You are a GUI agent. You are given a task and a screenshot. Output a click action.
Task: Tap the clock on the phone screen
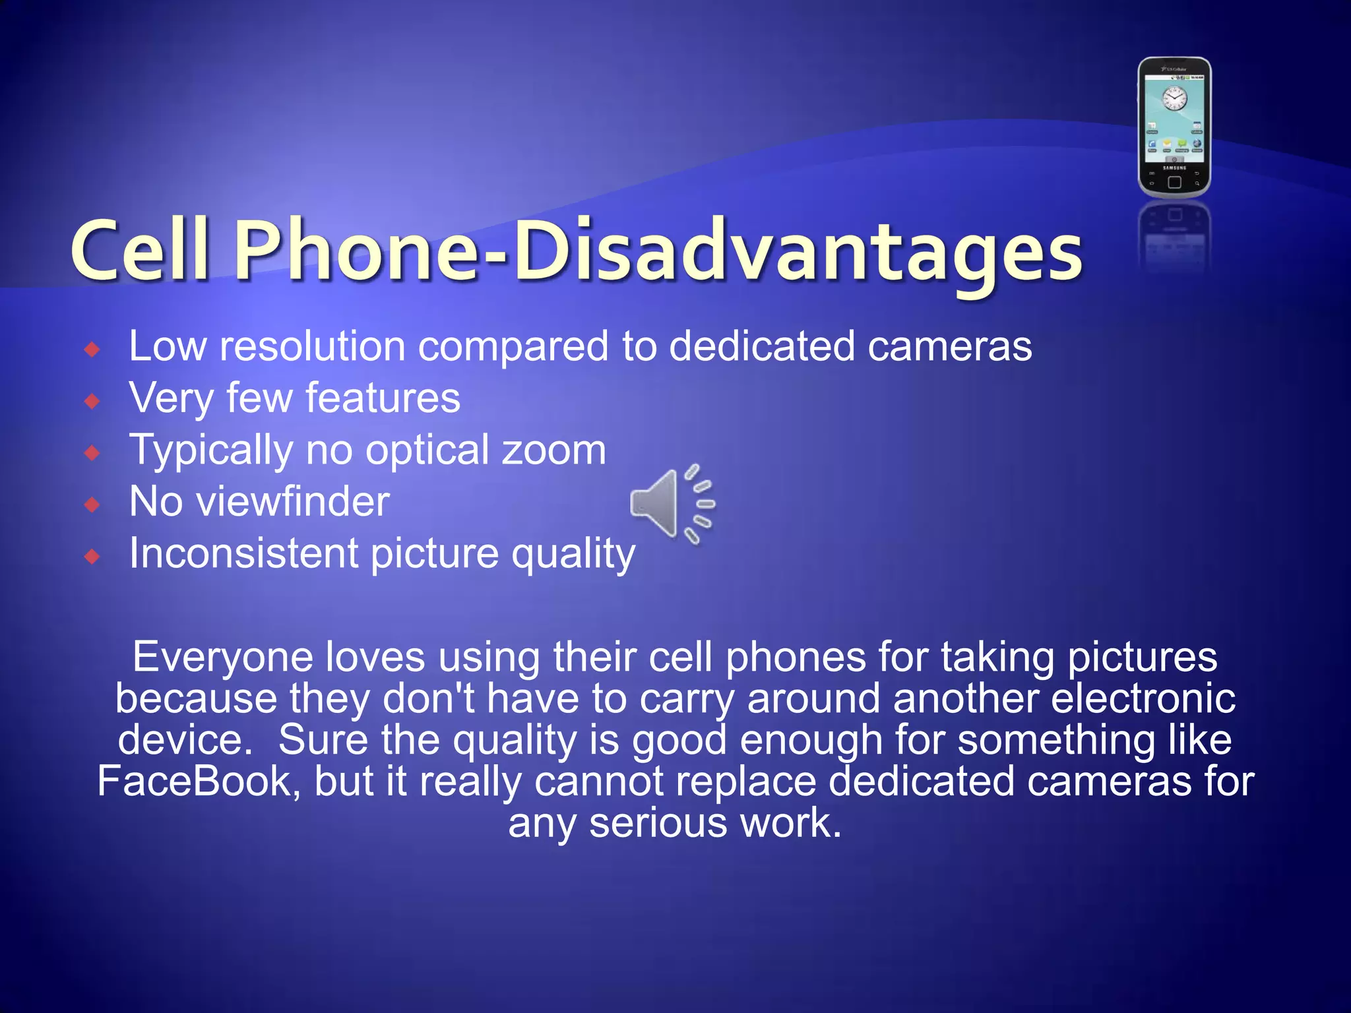pos(1174,99)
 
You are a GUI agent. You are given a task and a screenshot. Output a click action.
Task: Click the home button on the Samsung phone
pos(1174,182)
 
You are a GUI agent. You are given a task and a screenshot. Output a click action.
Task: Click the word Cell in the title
pos(141,251)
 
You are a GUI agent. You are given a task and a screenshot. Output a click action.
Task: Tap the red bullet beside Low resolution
pos(92,349)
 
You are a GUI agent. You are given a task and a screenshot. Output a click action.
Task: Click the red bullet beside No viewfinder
pos(92,505)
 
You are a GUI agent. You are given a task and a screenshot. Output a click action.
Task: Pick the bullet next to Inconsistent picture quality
pos(92,557)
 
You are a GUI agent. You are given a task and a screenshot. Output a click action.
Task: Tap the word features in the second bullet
pos(383,398)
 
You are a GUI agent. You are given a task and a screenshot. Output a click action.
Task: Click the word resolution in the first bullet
pos(313,347)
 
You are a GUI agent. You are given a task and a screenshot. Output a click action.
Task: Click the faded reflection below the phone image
pos(1174,237)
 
